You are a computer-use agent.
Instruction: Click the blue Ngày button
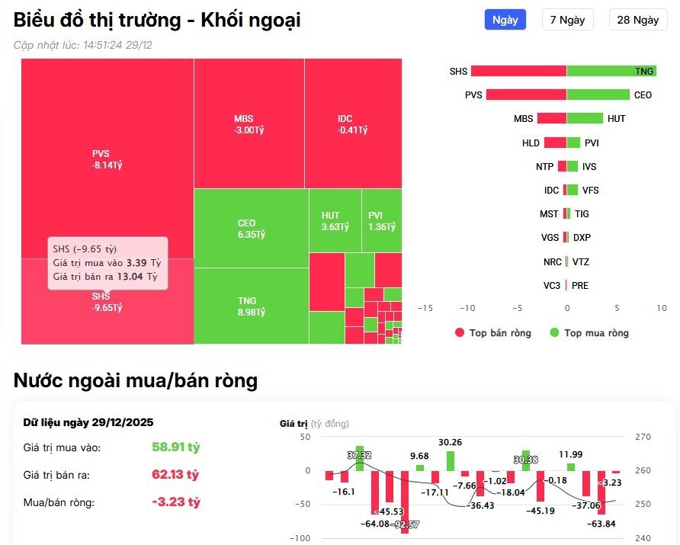pos(505,20)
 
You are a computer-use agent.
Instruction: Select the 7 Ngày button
pos(567,20)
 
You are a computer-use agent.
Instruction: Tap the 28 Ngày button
pos(637,20)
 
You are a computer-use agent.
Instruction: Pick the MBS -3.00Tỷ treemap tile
pos(249,124)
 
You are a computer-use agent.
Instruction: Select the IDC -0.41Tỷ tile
pos(352,124)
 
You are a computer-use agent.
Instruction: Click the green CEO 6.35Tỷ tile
pos(251,229)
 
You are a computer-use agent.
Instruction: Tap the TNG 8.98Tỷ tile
pos(251,306)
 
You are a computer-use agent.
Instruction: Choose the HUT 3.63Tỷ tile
pos(335,221)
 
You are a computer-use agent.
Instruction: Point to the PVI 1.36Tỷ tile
pos(381,221)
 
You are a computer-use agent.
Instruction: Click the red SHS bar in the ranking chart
pos(518,71)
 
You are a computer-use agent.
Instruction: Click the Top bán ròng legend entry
pos(492,333)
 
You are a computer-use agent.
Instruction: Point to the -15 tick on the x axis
pos(425,307)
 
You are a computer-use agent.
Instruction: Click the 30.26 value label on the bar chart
pos(450,442)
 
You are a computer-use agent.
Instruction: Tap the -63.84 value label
pos(601,524)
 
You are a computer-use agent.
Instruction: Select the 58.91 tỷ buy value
pos(175,447)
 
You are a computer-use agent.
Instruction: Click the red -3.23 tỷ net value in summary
pos(175,502)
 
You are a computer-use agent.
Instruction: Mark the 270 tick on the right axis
pos(642,437)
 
